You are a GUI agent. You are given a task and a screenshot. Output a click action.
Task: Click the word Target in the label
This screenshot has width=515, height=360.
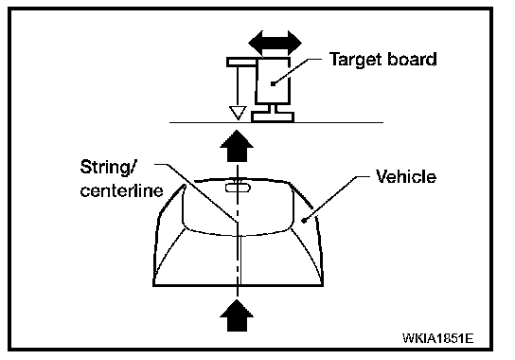[x=355, y=61]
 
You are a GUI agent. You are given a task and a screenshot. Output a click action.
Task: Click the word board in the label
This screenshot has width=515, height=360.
[x=412, y=59]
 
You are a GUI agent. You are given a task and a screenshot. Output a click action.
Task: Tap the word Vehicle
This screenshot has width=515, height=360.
[x=406, y=176]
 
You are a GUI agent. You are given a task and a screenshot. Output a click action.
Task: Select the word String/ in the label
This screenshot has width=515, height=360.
[x=107, y=168]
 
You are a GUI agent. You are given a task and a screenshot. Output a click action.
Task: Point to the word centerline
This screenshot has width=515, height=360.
[x=121, y=190]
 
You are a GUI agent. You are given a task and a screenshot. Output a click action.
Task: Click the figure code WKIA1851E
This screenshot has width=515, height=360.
[x=437, y=338]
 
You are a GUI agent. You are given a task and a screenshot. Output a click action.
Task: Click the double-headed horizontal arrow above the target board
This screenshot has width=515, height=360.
[x=275, y=43]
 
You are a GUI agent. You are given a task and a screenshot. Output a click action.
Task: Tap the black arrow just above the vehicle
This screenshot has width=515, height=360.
[x=237, y=146]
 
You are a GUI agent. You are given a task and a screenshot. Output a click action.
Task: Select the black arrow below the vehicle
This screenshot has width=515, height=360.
[x=237, y=315]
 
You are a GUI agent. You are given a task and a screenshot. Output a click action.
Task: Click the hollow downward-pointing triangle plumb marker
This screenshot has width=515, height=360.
[x=238, y=113]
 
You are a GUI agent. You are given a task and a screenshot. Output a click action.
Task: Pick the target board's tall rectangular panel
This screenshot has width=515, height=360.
[x=273, y=81]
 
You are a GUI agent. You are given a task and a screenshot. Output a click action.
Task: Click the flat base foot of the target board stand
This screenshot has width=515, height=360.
[x=273, y=117]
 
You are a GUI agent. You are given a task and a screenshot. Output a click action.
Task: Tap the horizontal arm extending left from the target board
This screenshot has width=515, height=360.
[x=241, y=62]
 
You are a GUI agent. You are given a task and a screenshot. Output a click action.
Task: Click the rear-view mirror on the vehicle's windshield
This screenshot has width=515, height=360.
[x=238, y=188]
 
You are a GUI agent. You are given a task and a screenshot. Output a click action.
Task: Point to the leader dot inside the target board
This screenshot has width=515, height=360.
[x=273, y=83]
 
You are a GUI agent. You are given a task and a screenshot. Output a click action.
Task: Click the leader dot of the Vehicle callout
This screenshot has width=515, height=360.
[x=304, y=221]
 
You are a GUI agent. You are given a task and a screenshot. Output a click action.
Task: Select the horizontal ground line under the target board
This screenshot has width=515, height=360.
[x=276, y=122]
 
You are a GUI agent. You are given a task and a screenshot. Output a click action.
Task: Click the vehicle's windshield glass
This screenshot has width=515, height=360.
[x=238, y=207]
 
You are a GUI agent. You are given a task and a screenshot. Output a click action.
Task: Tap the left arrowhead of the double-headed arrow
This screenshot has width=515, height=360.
[x=256, y=43]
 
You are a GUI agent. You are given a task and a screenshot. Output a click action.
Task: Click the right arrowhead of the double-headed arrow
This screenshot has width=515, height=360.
[x=294, y=43]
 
